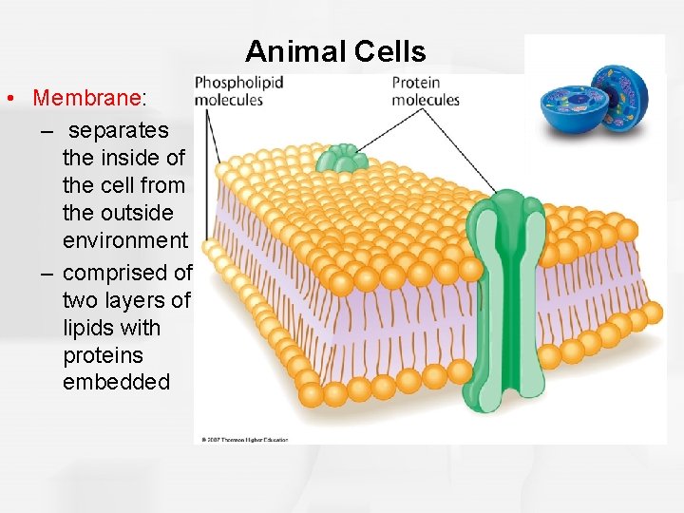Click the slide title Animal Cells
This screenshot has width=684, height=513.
click(x=335, y=50)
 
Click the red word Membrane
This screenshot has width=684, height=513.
click(x=85, y=99)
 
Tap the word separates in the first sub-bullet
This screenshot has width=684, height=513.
click(x=120, y=129)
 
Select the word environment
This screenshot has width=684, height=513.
click(x=125, y=240)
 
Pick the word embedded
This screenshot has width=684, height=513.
click(x=116, y=382)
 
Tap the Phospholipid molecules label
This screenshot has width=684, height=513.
click(x=238, y=91)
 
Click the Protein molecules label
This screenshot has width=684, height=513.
click(x=426, y=91)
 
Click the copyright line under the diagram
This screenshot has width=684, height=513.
click(x=244, y=440)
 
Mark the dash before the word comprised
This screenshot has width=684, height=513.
click(x=47, y=274)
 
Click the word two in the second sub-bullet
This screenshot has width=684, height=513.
click(x=80, y=300)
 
